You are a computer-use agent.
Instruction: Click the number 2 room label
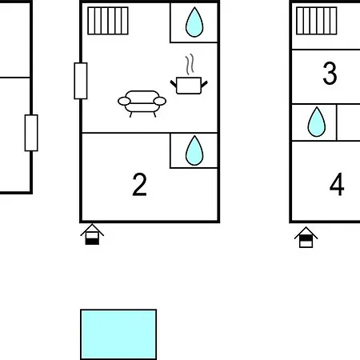(139, 184)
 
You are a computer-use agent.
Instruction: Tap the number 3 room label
(330, 74)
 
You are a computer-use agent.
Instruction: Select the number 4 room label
(337, 184)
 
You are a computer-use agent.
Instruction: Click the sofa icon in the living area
(142, 104)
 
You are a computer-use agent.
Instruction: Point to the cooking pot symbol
(189, 86)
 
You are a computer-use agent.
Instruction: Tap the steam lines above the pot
(190, 65)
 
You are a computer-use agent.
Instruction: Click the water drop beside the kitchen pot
(194, 22)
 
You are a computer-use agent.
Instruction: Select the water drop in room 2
(194, 150)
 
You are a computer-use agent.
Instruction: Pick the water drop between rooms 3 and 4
(317, 122)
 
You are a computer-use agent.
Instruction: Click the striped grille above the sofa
(108, 21)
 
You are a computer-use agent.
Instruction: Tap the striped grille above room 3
(317, 21)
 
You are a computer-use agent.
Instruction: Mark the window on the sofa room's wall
(81, 81)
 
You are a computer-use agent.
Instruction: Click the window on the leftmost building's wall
(31, 133)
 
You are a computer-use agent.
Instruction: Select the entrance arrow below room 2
(92, 234)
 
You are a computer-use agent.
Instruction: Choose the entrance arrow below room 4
(306, 238)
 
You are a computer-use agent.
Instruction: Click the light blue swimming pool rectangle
(118, 334)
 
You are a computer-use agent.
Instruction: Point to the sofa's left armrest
(124, 102)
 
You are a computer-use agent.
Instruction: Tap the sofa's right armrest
(160, 102)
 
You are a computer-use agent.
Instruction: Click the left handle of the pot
(174, 84)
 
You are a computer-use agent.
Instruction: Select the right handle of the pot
(204, 84)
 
